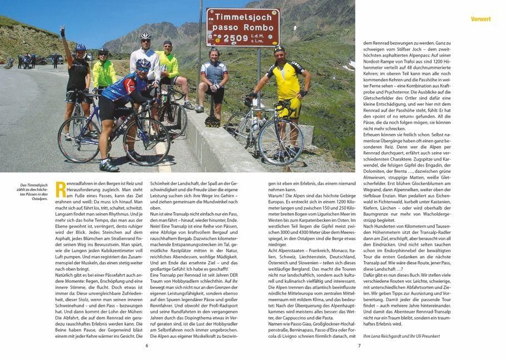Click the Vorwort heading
point(480,19)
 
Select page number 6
point(147,345)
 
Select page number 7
point(359,345)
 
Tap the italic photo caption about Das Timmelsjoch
point(34,192)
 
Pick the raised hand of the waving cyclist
point(63,31)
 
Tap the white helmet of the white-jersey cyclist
point(146,36)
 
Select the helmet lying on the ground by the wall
point(212,121)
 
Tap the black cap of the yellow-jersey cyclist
point(279,49)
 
